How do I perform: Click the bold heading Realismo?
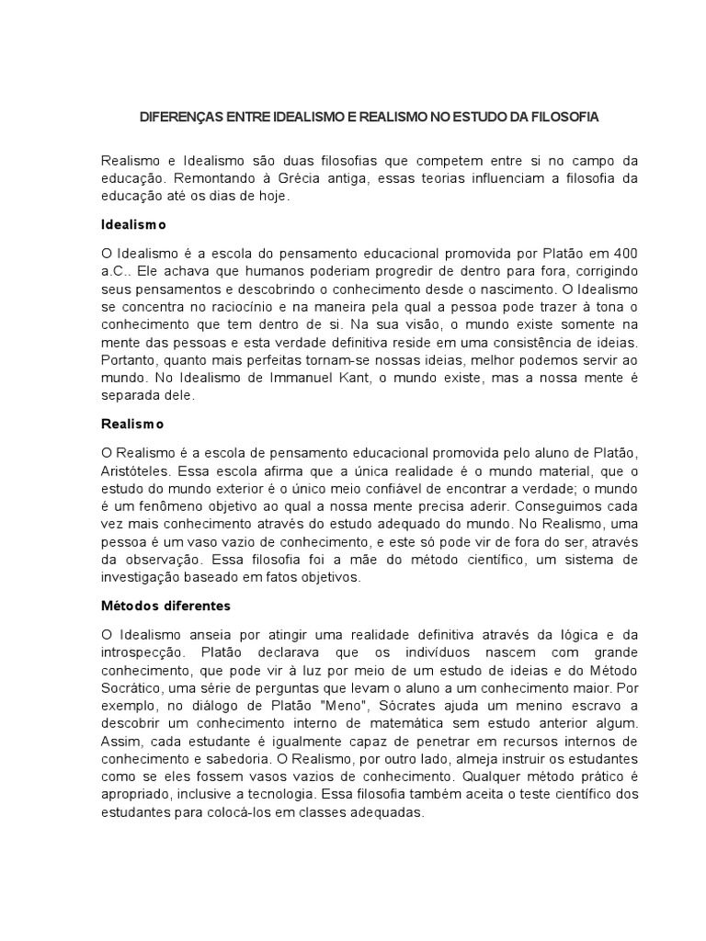coord(131,424)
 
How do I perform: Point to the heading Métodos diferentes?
coord(165,606)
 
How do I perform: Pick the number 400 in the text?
coord(624,253)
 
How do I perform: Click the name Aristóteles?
coord(137,470)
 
